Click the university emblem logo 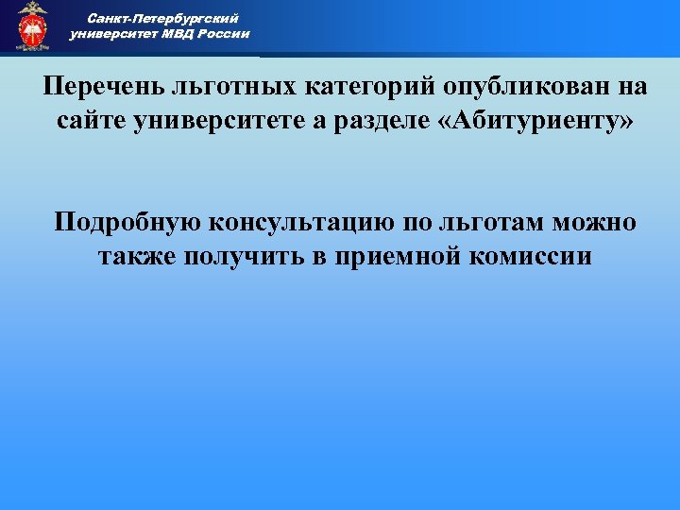(x=32, y=25)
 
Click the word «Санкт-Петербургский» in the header (x=162, y=18)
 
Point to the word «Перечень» (x=103, y=87)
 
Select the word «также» (x=139, y=256)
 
